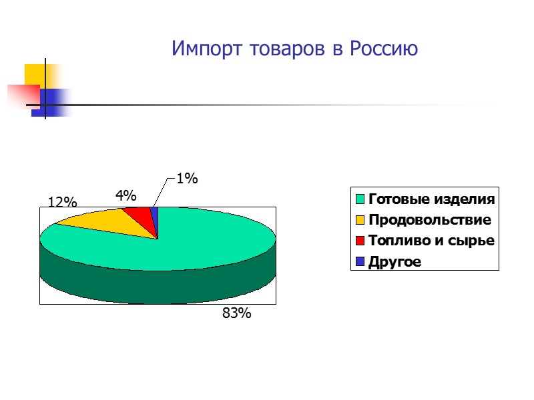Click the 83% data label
click(237, 313)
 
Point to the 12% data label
click(62, 202)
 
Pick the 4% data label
click(125, 195)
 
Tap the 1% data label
click(188, 178)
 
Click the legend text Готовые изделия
click(432, 199)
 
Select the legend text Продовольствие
click(429, 219)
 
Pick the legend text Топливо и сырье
click(432, 241)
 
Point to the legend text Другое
click(394, 261)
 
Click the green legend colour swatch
click(360, 199)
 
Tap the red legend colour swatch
click(360, 241)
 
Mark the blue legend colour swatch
click(360, 261)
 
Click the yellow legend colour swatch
click(360, 219)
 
